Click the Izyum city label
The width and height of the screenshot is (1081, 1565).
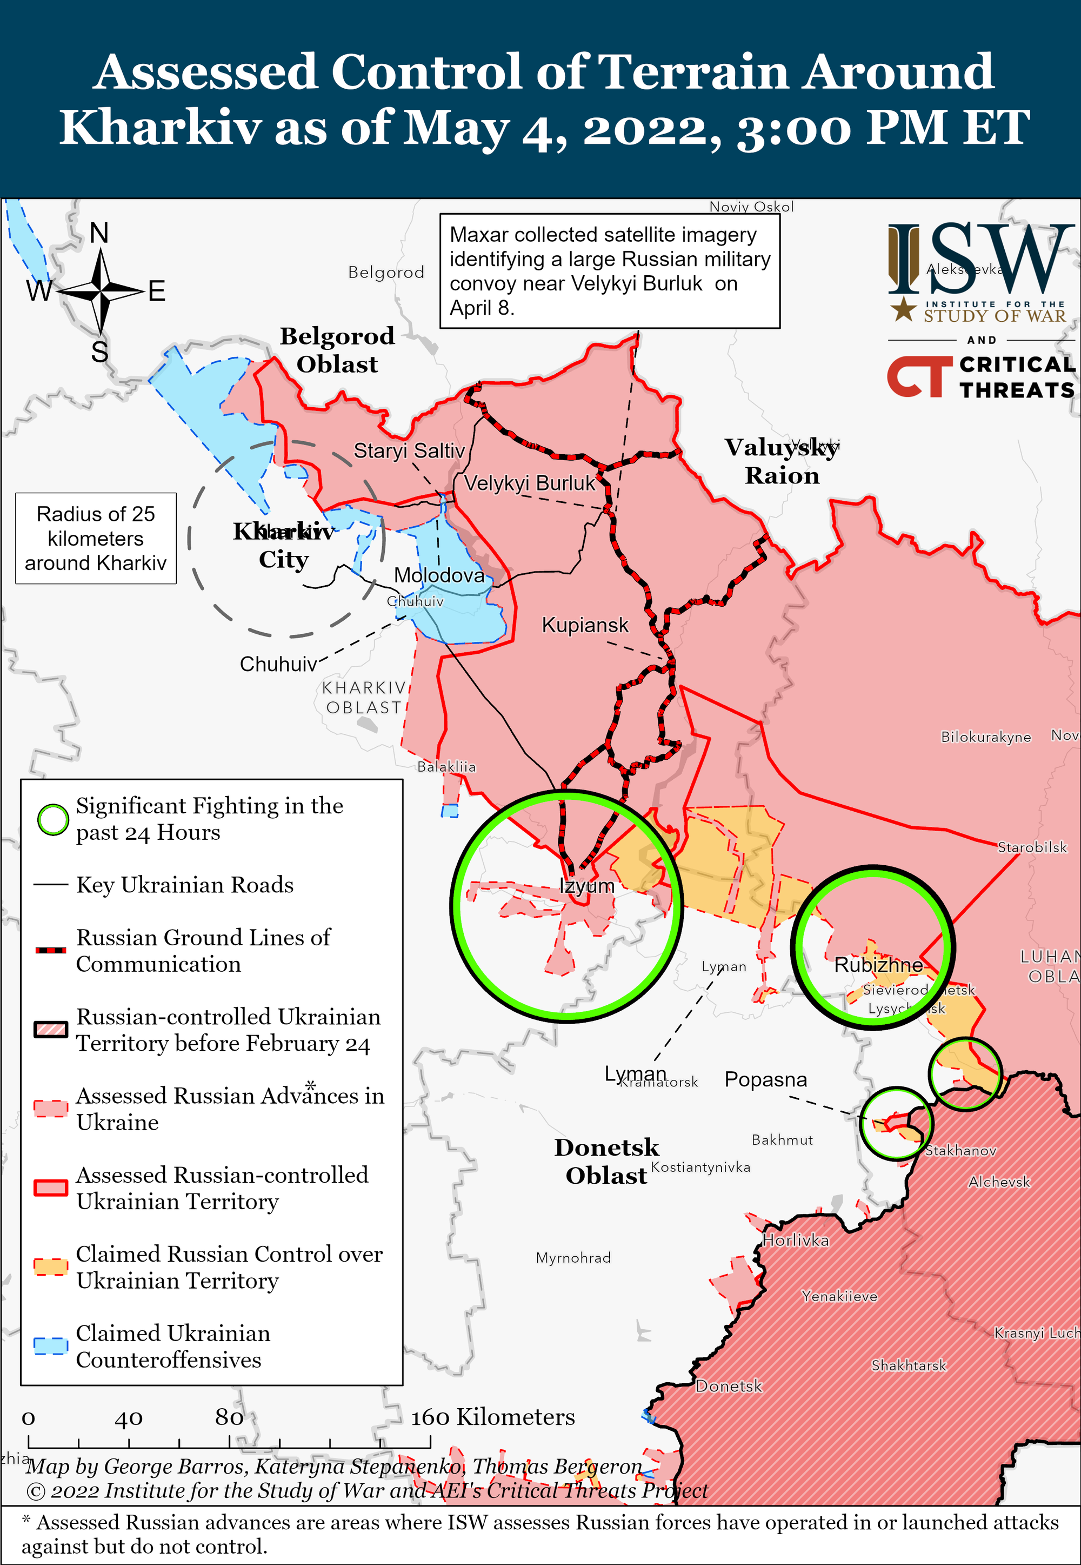click(x=586, y=886)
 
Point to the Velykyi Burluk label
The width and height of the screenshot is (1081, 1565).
click(x=529, y=483)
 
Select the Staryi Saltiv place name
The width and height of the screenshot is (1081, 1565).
click(x=409, y=450)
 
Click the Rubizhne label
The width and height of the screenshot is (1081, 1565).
click(x=878, y=965)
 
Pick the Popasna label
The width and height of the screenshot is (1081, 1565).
click(x=765, y=1079)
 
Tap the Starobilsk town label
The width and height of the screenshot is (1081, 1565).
click(x=1032, y=847)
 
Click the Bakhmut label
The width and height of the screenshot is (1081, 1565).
click(x=782, y=1140)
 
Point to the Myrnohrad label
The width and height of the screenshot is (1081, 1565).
click(x=573, y=1258)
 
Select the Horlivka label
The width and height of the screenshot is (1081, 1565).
click(x=795, y=1241)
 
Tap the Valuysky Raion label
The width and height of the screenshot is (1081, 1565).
click(x=782, y=461)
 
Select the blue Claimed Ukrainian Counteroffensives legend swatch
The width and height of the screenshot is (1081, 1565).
click(x=51, y=1346)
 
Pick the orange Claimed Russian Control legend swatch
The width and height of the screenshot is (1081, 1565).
click(x=51, y=1267)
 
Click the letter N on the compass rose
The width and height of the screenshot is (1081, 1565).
click(x=99, y=233)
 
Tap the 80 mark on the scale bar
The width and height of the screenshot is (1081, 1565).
click(x=229, y=1417)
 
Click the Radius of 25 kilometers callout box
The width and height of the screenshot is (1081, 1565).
click(x=96, y=539)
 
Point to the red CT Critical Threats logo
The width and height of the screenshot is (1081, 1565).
click(x=915, y=377)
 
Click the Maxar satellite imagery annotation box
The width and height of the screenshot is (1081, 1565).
click(x=610, y=271)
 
